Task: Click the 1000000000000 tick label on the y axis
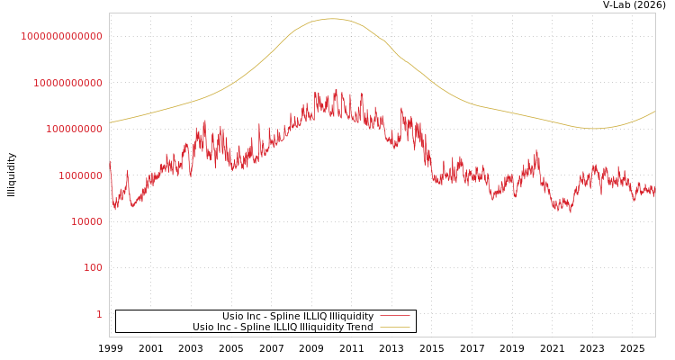coord(62,36)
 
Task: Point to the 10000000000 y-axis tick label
coord(67,83)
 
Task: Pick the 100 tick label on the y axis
coord(93,268)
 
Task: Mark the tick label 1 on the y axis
coord(99,314)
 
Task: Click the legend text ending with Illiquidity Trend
coord(283,328)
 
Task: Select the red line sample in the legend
coord(394,316)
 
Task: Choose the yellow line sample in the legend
coord(394,328)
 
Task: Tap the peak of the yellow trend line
coord(332,19)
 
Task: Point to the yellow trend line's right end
coord(654,112)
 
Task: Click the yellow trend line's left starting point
coord(110,122)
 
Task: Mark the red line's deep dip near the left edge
coord(115,209)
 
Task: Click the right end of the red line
coord(654,192)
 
